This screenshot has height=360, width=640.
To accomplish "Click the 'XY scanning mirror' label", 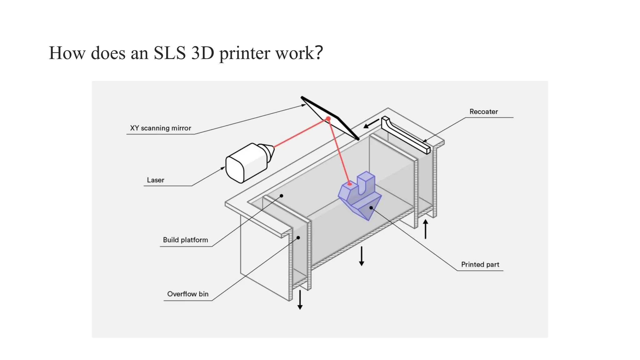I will pos(160,128).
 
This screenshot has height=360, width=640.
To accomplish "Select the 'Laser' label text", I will pos(155,180).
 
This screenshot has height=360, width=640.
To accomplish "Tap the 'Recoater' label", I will pos(483,112).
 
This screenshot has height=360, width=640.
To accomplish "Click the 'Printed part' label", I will pos(480,264).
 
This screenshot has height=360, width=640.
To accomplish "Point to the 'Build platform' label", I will pos(185,240).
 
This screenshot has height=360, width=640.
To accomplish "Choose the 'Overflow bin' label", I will pos(187,294).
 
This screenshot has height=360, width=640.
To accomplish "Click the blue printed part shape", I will pos(359,197).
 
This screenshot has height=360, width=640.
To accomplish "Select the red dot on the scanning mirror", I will pos(328,119).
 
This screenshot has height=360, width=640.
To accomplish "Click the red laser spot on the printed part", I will pos(349,184).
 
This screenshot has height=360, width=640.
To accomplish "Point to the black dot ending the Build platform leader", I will pos(281,196).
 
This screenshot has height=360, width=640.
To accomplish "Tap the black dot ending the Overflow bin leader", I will pos(298,238).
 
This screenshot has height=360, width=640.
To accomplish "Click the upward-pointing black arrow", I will pos(425,229).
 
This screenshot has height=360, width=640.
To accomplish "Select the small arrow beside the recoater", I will pos(371,124).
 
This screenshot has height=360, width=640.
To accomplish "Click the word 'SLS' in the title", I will pos(169,53).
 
